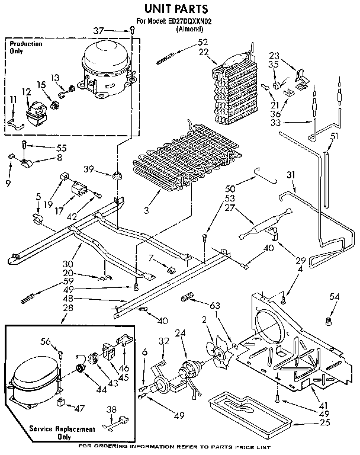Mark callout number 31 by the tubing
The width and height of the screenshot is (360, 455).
pyautogui.click(x=290, y=174)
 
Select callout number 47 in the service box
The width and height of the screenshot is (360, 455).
pyautogui.click(x=79, y=408)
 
